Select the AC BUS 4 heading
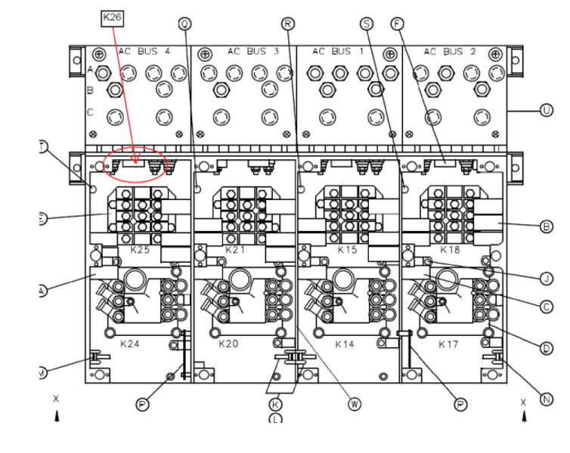(143, 52)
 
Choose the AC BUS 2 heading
(449, 52)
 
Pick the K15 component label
(347, 248)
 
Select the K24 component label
(131, 343)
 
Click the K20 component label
(228, 343)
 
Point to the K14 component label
(345, 343)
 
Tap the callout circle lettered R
(288, 23)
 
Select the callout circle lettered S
(367, 23)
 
